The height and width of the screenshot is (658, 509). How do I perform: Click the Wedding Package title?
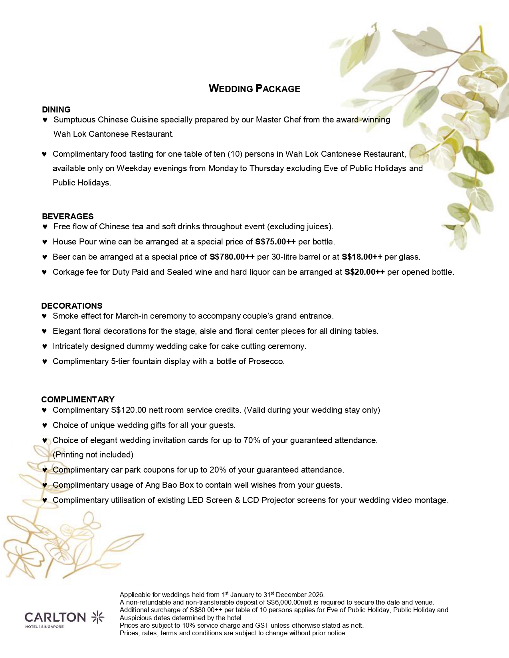point(254,89)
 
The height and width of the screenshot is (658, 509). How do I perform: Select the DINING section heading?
point(56,109)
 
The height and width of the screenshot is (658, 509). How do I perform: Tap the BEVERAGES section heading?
point(67,216)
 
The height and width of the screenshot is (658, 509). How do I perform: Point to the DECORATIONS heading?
point(72,306)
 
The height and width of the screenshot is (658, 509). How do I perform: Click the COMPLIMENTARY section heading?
point(78,400)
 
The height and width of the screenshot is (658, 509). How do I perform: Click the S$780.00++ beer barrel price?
point(232,257)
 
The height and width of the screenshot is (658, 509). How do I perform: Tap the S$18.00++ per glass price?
point(362,257)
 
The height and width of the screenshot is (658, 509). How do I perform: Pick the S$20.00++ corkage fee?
point(364,272)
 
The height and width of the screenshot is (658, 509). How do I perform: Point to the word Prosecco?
point(266,361)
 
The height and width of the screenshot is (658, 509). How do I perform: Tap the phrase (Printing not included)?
point(93,455)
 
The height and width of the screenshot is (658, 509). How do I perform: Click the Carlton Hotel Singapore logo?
point(64,619)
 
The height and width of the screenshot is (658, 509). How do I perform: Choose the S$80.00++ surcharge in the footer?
point(204,610)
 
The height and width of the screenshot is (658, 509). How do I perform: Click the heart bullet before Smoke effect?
point(44,316)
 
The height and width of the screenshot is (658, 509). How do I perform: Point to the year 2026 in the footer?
point(316,595)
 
